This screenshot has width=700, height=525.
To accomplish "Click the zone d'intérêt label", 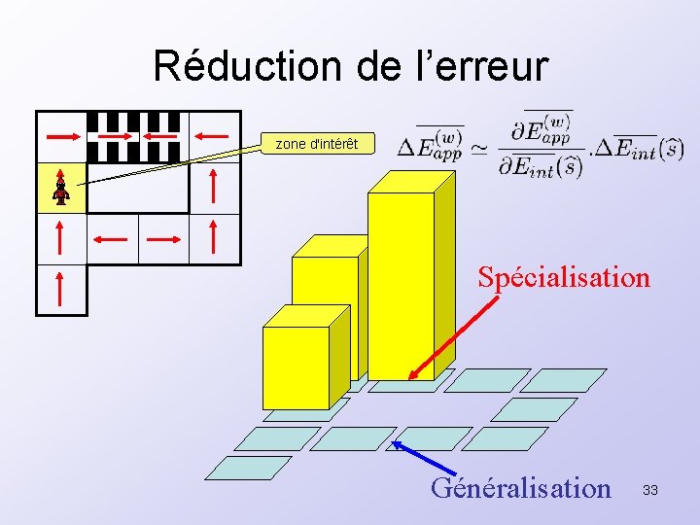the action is coord(316,144).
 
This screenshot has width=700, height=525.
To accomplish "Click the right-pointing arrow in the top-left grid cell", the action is coord(61,136).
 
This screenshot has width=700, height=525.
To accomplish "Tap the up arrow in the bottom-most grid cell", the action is coord(61,290).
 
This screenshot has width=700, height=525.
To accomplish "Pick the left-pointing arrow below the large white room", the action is coord(112,237).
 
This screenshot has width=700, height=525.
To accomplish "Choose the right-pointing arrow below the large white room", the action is coord(163,237).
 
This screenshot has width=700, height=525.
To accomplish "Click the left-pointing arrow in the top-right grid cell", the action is coord(214,136).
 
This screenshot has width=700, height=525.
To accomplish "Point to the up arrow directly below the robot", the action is coord(61,238).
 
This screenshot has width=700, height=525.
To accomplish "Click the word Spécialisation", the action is coord(563,277).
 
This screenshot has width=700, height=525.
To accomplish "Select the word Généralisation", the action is coord(521,487).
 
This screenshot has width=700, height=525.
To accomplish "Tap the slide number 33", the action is coord(649,490).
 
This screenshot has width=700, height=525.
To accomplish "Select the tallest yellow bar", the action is coord(401,287).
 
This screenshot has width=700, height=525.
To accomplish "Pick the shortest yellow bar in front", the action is coord(297,365).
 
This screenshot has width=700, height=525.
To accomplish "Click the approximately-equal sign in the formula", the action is coord(479,149).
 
